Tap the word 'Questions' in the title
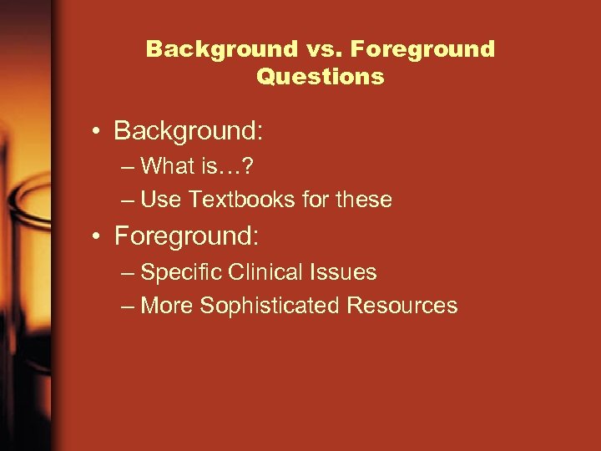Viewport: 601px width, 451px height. click(321, 77)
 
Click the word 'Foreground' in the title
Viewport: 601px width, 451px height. click(422, 49)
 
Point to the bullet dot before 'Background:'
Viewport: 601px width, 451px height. click(98, 132)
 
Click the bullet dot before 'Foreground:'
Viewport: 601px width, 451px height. click(98, 237)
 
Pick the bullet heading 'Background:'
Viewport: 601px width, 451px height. click(189, 131)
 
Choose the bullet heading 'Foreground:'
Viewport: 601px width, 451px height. click(187, 236)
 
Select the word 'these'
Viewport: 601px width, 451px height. click(364, 200)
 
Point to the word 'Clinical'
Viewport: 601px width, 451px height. click(262, 272)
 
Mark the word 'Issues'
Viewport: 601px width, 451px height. click(346, 272)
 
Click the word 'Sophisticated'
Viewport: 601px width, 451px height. click(270, 306)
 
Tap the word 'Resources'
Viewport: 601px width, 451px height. click(402, 306)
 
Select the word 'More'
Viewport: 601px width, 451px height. click(168, 306)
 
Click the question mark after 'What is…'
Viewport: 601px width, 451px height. click(248, 166)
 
